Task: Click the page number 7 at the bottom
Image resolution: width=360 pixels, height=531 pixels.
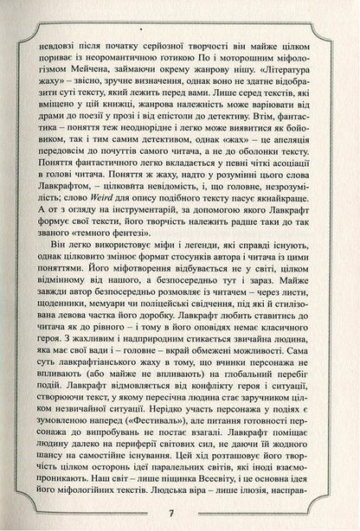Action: click(180, 511)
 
